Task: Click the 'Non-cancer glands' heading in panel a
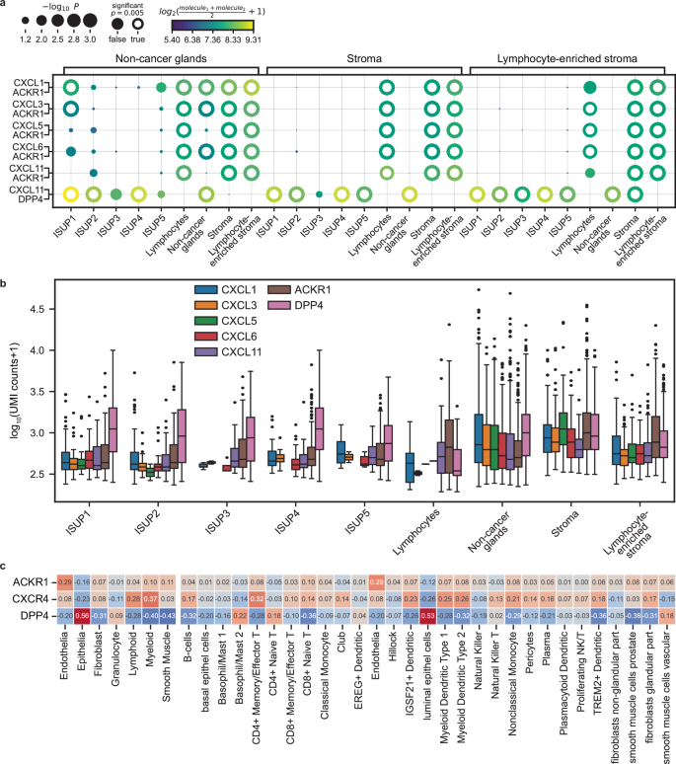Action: [162, 57]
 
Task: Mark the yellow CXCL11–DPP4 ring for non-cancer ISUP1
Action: [70, 194]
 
